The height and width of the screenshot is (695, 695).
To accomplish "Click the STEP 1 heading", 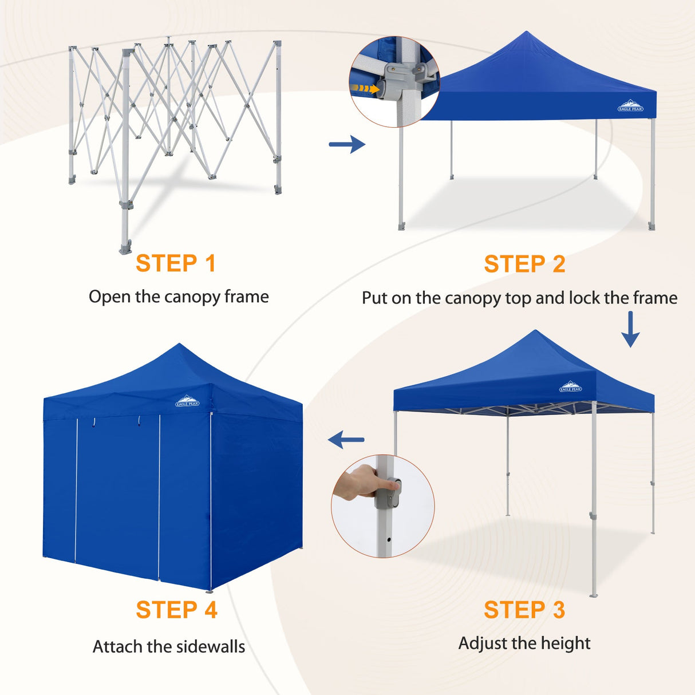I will point(176,264).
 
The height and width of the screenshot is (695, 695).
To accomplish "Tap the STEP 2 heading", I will point(524,264).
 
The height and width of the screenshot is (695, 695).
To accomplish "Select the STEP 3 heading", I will point(524,610).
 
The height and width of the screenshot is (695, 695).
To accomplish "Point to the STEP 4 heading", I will point(176,610).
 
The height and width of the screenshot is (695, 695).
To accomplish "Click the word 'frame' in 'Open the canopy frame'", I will point(246,297).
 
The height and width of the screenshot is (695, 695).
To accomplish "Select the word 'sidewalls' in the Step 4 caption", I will point(210,647).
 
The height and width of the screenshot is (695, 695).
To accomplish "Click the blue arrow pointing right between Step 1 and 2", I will point(347,144).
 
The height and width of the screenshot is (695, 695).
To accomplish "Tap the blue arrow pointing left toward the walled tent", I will point(346,440).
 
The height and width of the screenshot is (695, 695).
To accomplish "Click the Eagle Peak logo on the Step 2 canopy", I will point(630,106).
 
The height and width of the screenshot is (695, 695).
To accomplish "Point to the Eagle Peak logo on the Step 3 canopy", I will point(570,387).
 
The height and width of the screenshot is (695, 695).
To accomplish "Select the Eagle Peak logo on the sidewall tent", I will point(187,401).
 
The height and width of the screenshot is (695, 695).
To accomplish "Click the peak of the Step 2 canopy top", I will point(526,33).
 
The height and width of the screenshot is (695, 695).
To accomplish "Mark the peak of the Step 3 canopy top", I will point(535,331).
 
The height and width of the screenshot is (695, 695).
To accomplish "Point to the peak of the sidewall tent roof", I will point(179,345).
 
